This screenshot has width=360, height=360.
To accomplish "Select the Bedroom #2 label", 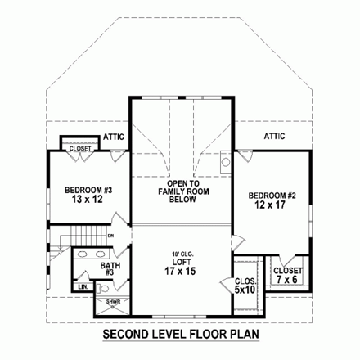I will pyautogui.click(x=272, y=196).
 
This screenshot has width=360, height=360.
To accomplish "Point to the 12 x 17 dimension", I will pyautogui.click(x=272, y=205).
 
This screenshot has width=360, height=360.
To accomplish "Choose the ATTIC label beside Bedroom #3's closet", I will pyautogui.click(x=114, y=137).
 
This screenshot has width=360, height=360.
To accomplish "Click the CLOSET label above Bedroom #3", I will pyautogui.click(x=79, y=150).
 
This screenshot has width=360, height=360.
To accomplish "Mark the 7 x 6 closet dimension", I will pyautogui.click(x=289, y=279).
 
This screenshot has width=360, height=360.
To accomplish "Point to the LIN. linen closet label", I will pyautogui.click(x=83, y=286).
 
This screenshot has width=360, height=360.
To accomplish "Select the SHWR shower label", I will pyautogui.click(x=111, y=302).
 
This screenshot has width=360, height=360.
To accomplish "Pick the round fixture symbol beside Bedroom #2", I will pyautogui.click(x=227, y=162).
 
